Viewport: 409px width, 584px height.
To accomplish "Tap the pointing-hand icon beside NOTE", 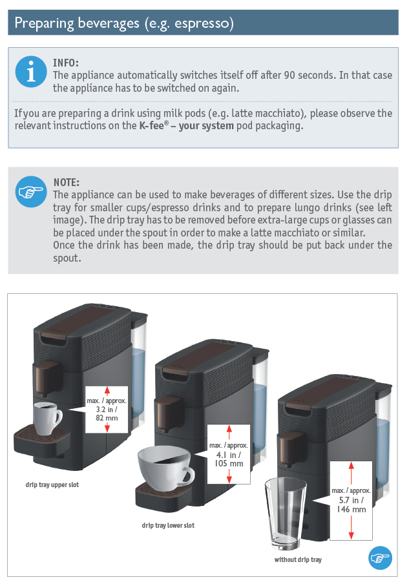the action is (31, 191).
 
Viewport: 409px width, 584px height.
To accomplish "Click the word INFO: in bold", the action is (66, 63).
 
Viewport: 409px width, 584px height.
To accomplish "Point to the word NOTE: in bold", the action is (67, 183).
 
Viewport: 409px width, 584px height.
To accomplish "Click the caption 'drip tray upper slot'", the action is (52, 485).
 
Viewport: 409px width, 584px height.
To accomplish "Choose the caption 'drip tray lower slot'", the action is (168, 525).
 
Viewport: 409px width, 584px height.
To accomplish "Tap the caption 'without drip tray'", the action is (298, 559).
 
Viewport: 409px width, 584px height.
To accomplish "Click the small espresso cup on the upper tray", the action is (47, 417).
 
